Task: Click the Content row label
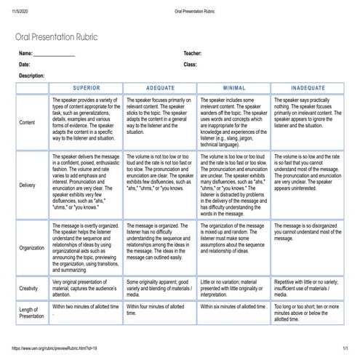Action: pyautogui.click(x=26, y=122)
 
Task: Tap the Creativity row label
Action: pyautogui.click(x=29, y=288)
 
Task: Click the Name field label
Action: pyautogui.click(x=26, y=54)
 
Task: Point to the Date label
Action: pyautogui.click(x=24, y=65)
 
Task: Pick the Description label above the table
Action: pyautogui.click(x=32, y=76)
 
